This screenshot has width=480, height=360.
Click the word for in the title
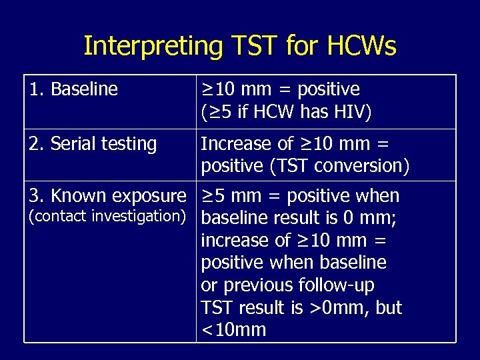point(301,46)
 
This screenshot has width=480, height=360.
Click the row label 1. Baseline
point(74,89)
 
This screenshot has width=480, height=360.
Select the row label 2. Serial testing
point(93,144)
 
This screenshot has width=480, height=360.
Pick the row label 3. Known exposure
point(107,196)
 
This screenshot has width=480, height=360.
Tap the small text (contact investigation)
point(107,215)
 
